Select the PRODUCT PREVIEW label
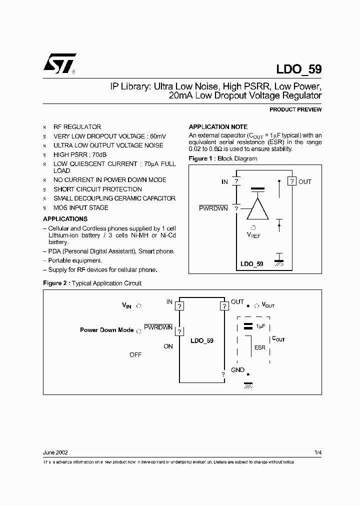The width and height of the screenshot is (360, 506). [x=295, y=109]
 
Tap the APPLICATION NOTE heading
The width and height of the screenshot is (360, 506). [x=217, y=127]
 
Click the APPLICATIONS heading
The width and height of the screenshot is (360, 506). [x=65, y=219]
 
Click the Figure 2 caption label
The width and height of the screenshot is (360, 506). [x=56, y=283]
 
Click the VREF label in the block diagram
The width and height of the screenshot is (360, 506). [x=254, y=234]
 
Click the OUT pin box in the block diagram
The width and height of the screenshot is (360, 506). [x=291, y=181]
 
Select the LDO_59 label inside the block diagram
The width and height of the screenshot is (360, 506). [x=252, y=263]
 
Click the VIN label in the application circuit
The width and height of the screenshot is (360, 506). [x=126, y=305]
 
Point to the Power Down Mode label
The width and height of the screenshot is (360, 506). [x=107, y=330]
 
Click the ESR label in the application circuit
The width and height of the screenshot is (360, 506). [x=260, y=347]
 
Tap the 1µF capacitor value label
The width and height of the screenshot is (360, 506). [x=260, y=326]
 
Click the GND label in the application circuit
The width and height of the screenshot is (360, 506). [x=238, y=370]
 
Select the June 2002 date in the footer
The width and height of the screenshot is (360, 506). [x=55, y=452]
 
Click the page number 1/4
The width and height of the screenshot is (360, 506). [x=318, y=452]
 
